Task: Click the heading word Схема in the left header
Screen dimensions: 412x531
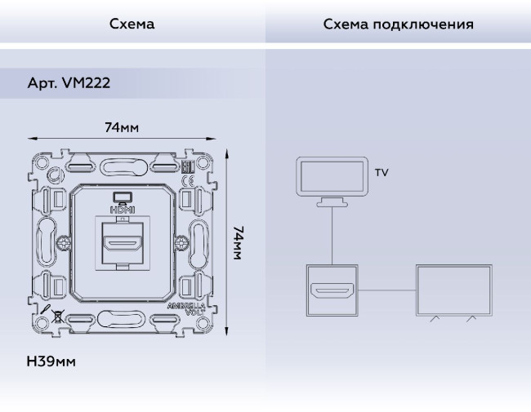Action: point(132,24)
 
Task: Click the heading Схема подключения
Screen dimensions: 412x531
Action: point(398,24)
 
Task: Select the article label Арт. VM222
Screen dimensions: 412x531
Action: point(69,82)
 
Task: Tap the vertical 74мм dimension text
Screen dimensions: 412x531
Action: point(239,242)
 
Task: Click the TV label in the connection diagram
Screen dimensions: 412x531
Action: point(382,172)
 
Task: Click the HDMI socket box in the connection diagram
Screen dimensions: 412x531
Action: point(332,290)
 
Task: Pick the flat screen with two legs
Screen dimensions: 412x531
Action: point(453,292)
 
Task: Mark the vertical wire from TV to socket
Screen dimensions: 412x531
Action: point(332,237)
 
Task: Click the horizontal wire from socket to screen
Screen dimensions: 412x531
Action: point(387,290)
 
